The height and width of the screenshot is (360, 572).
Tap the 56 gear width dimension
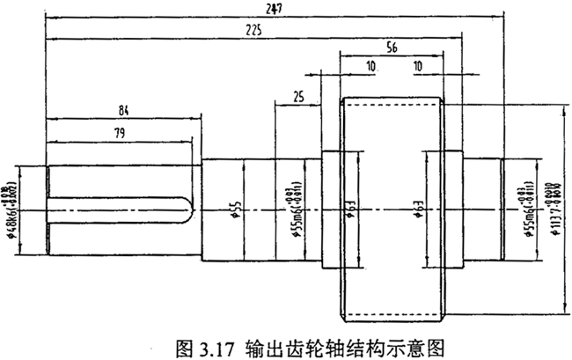(392, 50)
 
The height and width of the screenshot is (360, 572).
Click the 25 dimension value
(300, 98)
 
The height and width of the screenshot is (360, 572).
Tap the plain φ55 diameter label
(236, 209)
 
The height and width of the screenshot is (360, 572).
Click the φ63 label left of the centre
(350, 209)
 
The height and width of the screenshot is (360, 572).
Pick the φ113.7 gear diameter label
(552, 209)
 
